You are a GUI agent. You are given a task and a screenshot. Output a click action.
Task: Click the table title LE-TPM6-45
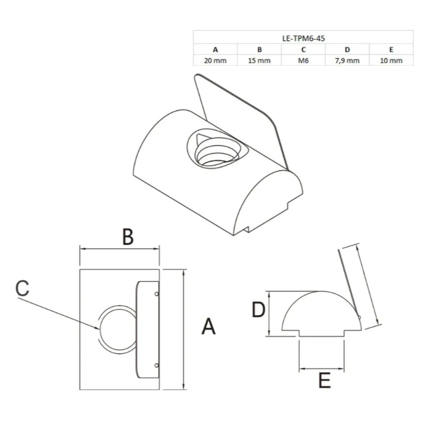click(304, 38)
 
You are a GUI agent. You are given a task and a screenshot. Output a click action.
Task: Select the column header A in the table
click(215, 50)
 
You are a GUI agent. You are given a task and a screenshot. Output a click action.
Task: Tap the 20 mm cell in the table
click(215, 61)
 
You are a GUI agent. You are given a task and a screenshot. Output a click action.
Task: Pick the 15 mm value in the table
click(259, 61)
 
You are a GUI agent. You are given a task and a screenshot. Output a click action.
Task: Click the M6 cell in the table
click(303, 61)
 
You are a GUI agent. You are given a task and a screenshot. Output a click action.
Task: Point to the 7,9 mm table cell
click(347, 61)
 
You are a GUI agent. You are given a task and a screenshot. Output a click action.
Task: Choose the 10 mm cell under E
click(391, 61)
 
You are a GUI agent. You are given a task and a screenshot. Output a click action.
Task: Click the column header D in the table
click(347, 50)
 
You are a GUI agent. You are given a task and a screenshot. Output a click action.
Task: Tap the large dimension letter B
click(128, 236)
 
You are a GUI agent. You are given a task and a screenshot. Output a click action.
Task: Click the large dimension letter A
click(208, 326)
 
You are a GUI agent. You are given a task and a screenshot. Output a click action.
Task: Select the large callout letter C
click(22, 288)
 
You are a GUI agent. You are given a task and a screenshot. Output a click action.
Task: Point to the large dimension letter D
click(258, 310)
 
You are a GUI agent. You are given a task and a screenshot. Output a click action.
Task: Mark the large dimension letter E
click(324, 380)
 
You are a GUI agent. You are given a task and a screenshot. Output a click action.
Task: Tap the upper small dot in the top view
click(157, 294)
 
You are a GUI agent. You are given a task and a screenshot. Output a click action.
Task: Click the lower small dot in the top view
click(157, 365)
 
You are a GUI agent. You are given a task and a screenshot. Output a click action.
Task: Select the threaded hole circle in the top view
click(118, 329)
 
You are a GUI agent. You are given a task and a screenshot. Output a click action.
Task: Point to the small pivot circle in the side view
click(359, 317)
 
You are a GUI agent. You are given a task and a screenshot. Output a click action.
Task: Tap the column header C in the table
click(303, 50)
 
